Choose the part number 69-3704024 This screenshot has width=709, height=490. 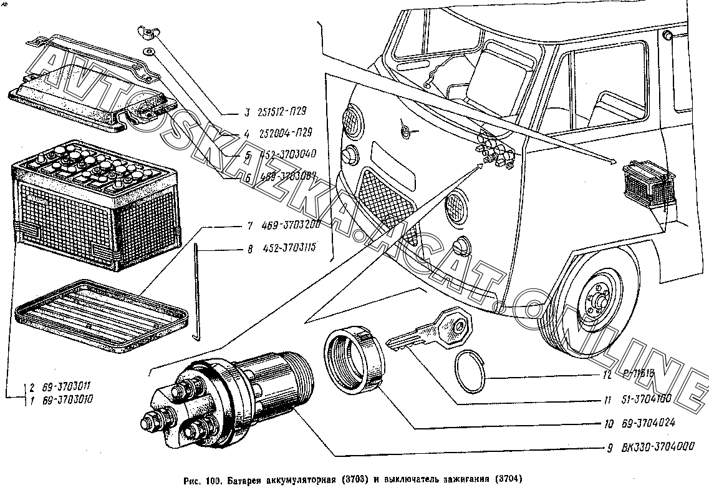click(x=649, y=423)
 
